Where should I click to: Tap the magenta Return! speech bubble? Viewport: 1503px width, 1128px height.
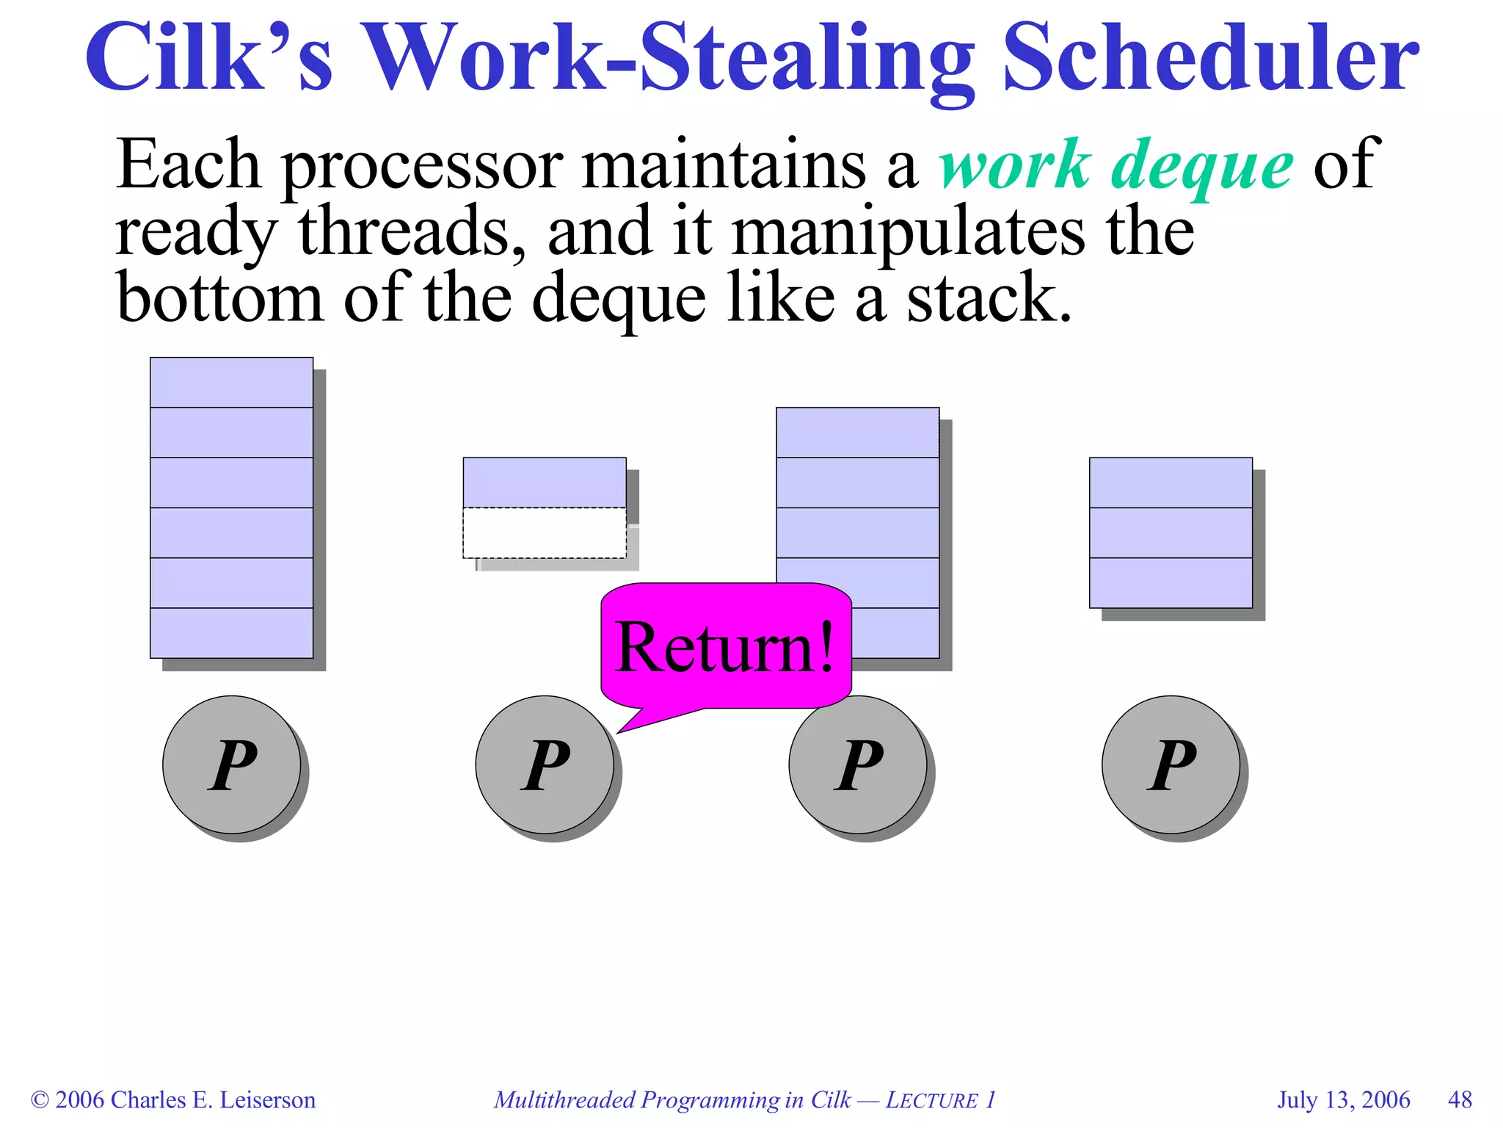click(726, 646)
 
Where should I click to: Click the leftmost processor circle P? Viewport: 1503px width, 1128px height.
click(232, 764)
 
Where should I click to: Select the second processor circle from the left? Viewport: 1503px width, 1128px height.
click(545, 764)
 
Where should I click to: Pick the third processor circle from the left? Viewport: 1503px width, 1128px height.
click(858, 764)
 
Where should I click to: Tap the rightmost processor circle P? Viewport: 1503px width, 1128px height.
click(1171, 764)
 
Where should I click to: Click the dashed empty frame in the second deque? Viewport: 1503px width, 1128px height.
click(545, 533)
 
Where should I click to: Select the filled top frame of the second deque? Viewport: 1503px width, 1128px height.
click(545, 482)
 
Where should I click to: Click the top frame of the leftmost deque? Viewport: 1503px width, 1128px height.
click(232, 383)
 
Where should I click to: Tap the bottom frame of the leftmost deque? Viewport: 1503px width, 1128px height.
click(232, 633)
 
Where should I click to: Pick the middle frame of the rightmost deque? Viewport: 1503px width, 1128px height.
click(1171, 533)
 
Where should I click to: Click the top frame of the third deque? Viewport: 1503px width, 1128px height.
click(858, 433)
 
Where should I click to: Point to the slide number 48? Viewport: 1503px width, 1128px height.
click(1460, 1100)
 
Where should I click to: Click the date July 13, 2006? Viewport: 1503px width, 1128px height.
click(1343, 1100)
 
